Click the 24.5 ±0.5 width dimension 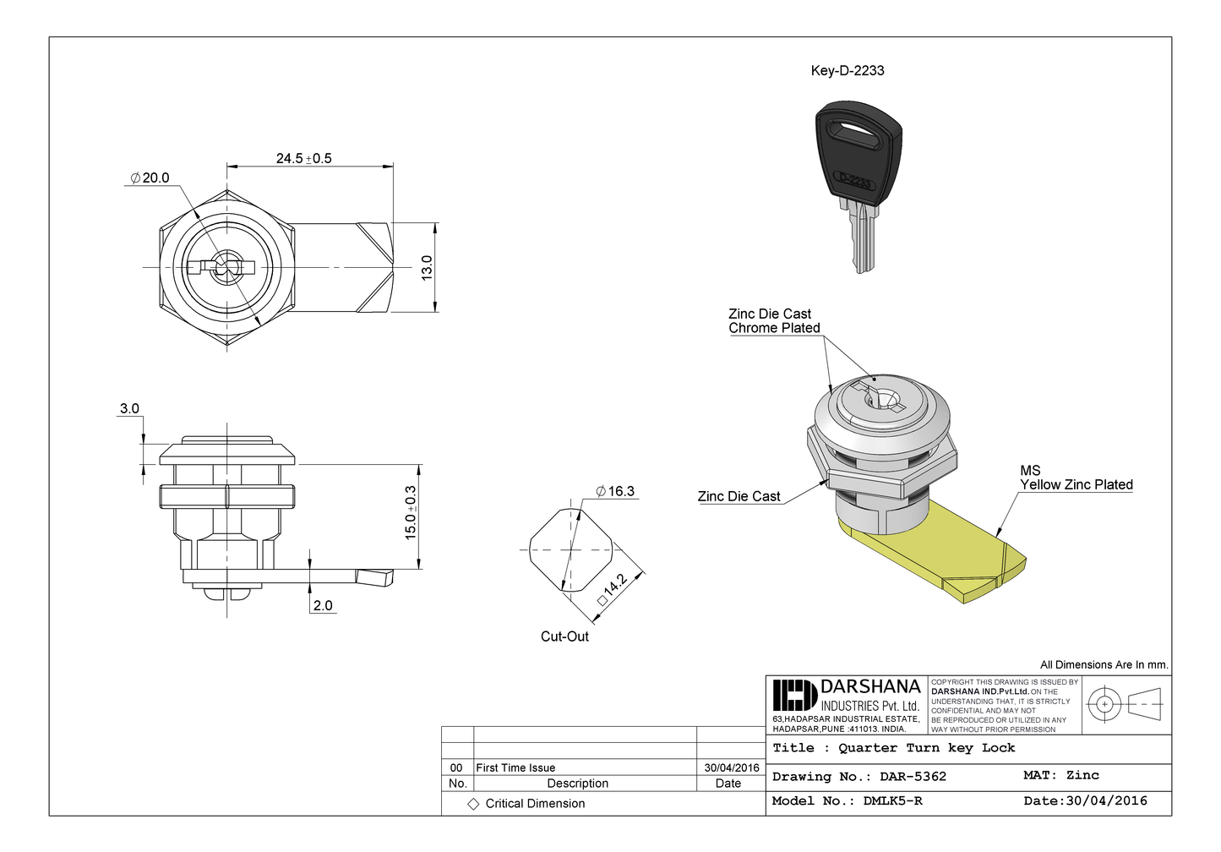303,158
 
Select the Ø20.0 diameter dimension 150,177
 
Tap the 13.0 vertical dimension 427,267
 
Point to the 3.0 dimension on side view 129,408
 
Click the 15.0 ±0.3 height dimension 411,513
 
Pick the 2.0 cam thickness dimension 323,605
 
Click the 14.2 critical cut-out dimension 613,587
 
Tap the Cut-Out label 564,636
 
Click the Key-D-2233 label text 848,70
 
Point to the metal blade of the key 862,237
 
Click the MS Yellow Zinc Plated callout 1076,478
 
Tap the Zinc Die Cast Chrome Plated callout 774,320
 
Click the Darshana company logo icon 793,695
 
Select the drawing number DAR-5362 913,776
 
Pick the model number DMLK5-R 892,800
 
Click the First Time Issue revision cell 515,767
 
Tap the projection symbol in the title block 1124,703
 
